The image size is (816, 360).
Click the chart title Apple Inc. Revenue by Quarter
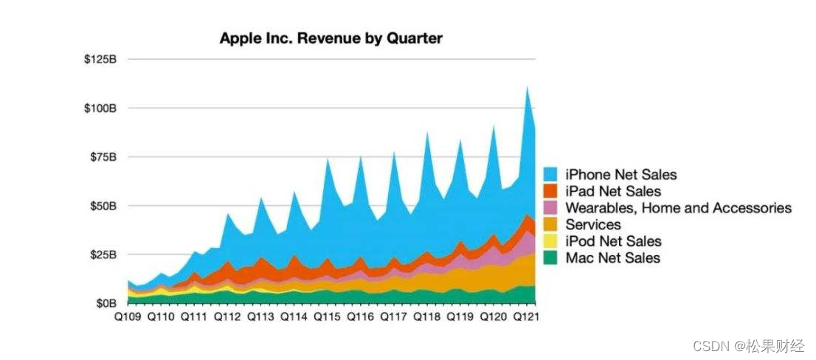(331, 38)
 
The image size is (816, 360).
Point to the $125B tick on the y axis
(101, 59)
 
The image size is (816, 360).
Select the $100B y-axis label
(101, 108)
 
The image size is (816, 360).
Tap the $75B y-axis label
(103, 157)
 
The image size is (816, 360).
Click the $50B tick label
(103, 206)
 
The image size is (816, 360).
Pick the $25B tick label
(103, 255)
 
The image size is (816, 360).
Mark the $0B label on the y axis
(106, 304)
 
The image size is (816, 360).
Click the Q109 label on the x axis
(128, 317)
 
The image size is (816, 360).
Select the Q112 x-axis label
(227, 317)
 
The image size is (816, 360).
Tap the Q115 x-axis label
(327, 317)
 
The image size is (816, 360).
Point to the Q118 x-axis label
(426, 317)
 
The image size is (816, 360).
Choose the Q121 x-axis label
(526, 317)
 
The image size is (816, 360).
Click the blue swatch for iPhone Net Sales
(551, 175)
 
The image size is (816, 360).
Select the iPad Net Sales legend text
(613, 192)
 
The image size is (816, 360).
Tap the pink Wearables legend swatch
(551, 208)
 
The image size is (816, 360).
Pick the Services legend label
(593, 224)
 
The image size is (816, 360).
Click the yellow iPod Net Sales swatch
(551, 241)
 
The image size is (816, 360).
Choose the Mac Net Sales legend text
(612, 257)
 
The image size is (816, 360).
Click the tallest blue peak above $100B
(527, 92)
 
